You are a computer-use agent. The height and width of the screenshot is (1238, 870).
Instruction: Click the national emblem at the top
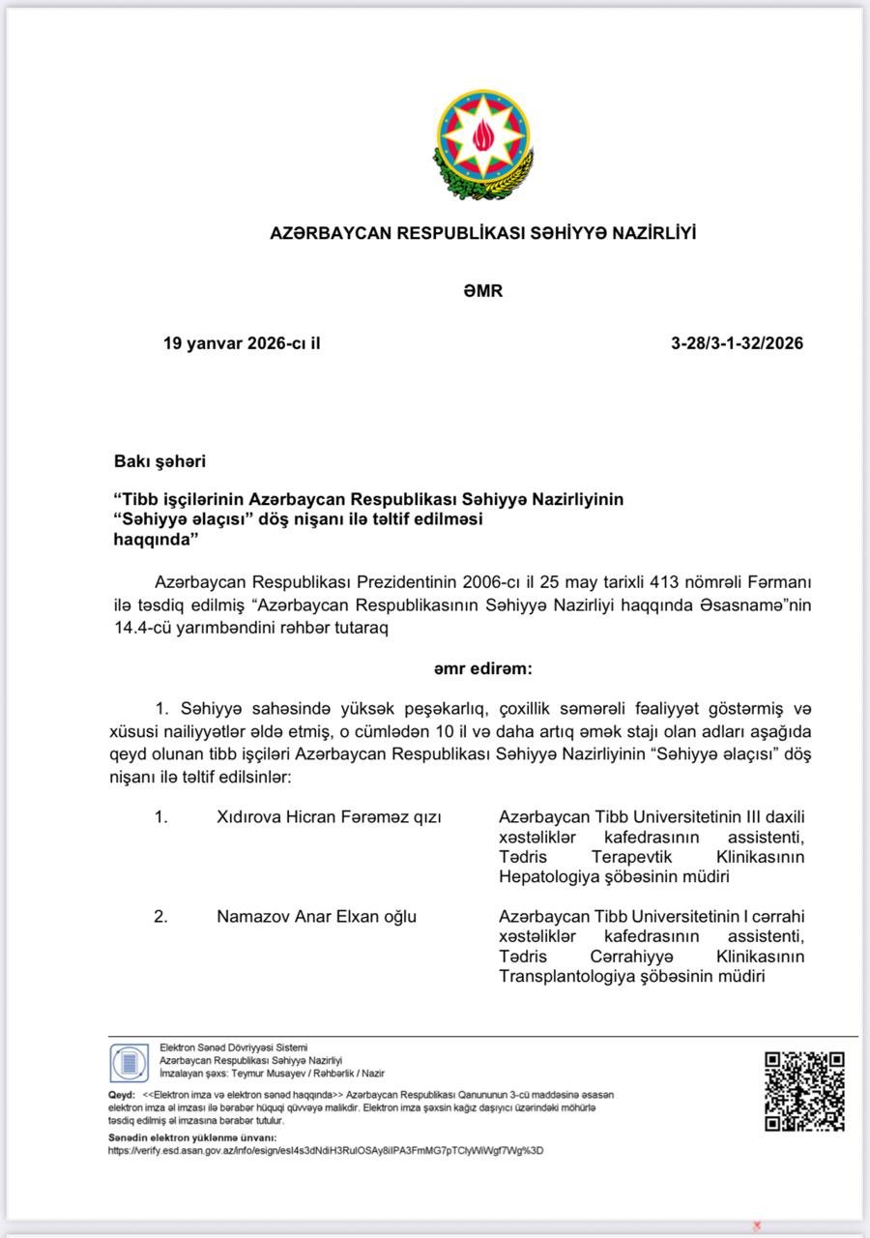point(482,144)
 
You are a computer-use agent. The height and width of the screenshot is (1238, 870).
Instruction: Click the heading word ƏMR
point(482,290)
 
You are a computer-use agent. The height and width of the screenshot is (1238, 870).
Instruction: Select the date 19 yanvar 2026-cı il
point(242,343)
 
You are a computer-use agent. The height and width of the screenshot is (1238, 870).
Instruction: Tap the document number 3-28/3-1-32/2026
point(737,343)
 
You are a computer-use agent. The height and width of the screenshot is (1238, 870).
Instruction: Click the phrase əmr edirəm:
point(482,667)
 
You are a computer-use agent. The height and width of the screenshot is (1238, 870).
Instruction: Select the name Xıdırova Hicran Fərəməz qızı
point(329,817)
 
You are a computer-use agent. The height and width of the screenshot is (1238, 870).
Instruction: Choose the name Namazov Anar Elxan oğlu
point(316,916)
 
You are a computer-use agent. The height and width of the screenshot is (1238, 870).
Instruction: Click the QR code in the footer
point(804,1091)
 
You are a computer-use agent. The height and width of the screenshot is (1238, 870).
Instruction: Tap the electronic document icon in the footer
point(129,1063)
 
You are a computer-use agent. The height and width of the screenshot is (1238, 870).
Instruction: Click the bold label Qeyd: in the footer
point(121,1095)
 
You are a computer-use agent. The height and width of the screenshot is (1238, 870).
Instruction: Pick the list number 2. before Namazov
point(160,916)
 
